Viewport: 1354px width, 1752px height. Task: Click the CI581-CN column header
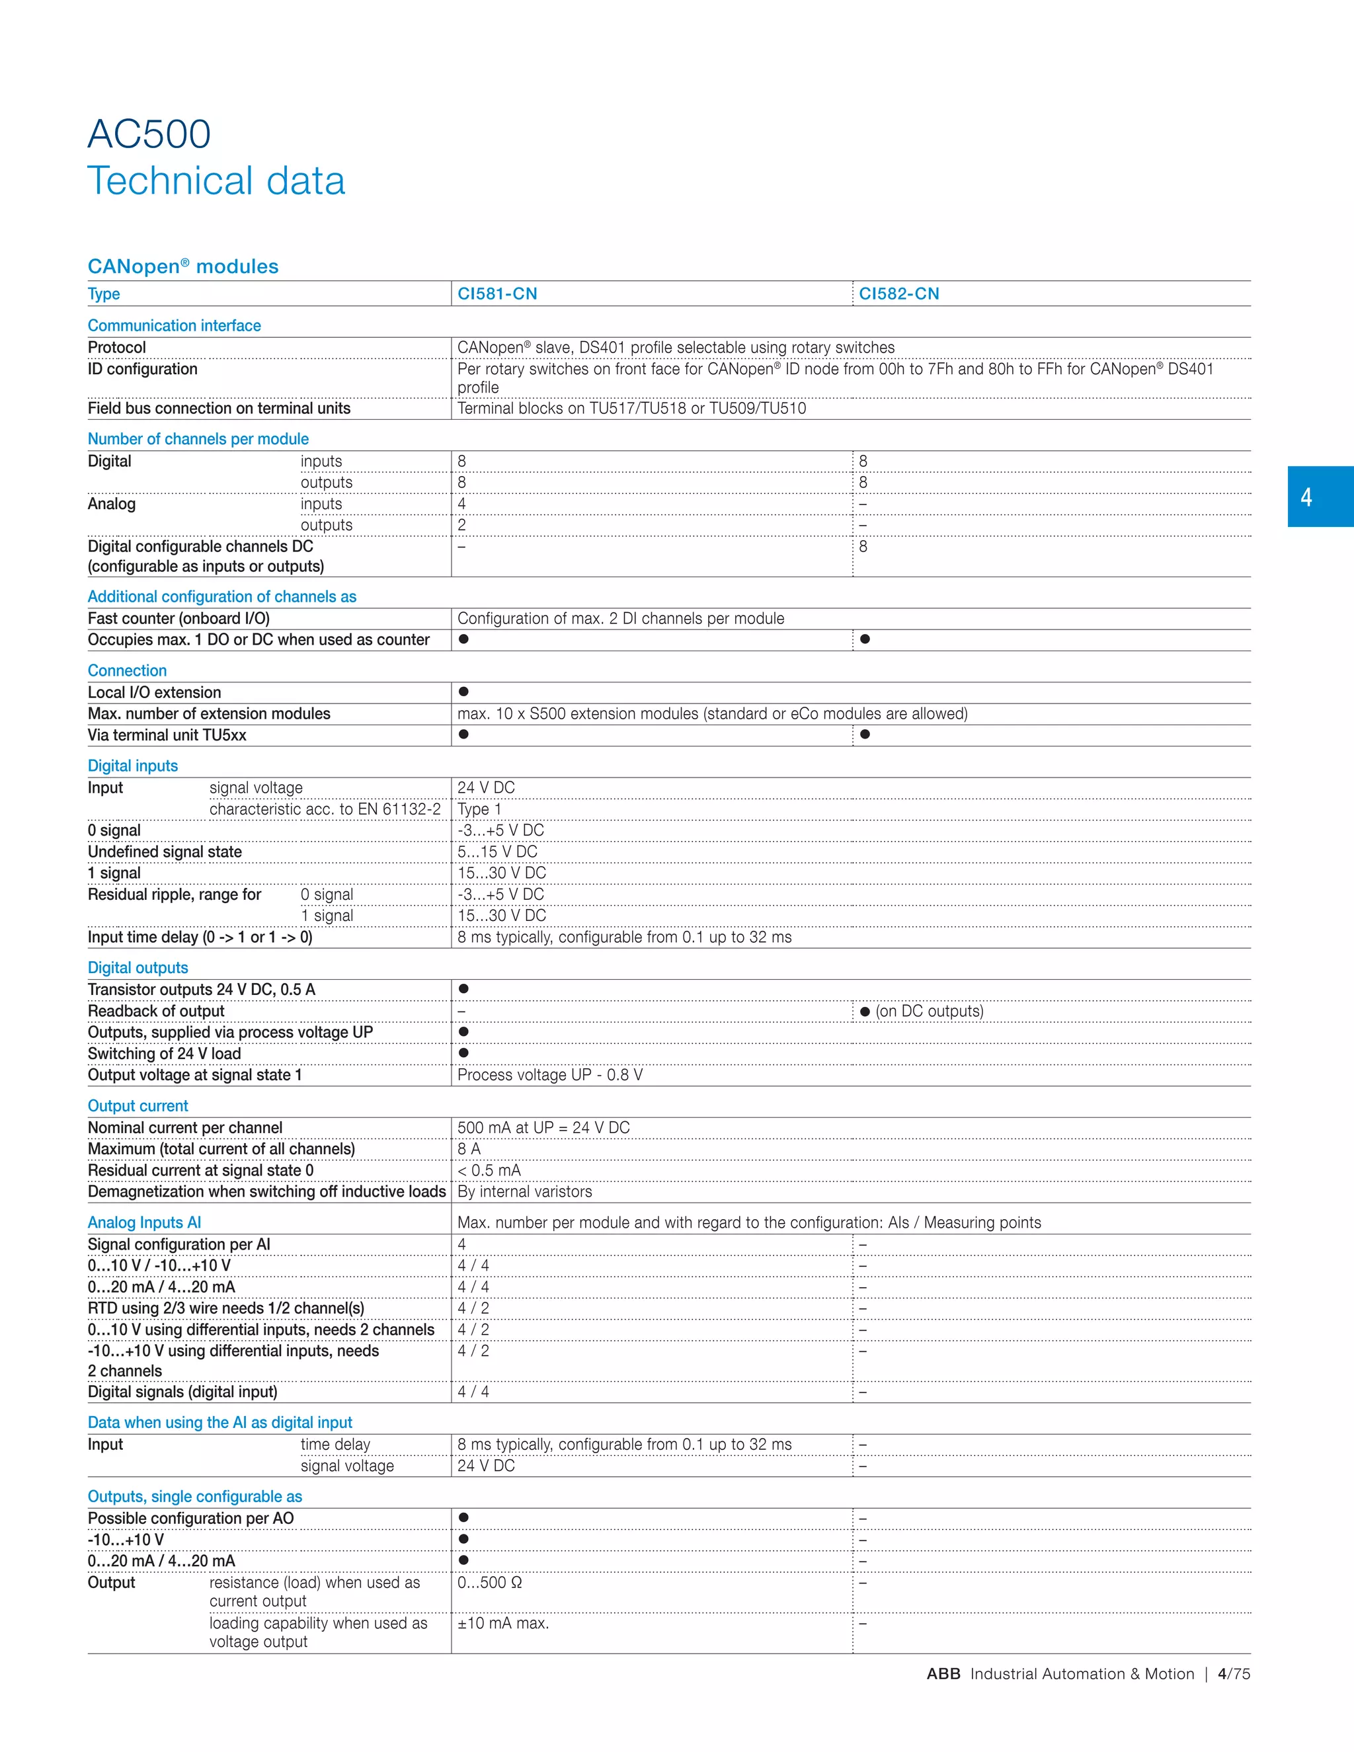(x=497, y=294)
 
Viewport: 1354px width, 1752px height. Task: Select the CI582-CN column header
(x=898, y=294)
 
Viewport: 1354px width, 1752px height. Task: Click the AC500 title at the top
(x=149, y=134)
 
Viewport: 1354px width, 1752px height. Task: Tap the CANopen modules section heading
(x=183, y=266)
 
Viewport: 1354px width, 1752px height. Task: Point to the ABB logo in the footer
(x=943, y=1673)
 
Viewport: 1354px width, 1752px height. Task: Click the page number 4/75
(x=1234, y=1673)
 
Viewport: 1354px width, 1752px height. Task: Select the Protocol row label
(x=117, y=347)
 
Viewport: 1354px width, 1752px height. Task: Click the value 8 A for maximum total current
(x=469, y=1149)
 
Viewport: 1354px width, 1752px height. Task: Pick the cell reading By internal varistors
(x=524, y=1191)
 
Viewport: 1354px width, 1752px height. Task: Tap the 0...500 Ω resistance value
(x=489, y=1582)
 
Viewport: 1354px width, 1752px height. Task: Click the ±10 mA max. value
(x=503, y=1623)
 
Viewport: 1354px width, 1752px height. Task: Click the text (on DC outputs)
(x=929, y=1011)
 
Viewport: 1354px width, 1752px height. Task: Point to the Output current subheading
(x=138, y=1105)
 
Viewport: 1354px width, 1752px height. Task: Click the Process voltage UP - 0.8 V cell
(x=549, y=1075)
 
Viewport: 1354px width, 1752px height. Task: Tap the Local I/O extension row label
(x=154, y=692)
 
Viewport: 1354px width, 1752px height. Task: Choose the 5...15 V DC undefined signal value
(x=497, y=851)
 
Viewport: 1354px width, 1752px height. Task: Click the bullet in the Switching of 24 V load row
(x=463, y=1053)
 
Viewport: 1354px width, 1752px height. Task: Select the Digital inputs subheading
(x=132, y=766)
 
